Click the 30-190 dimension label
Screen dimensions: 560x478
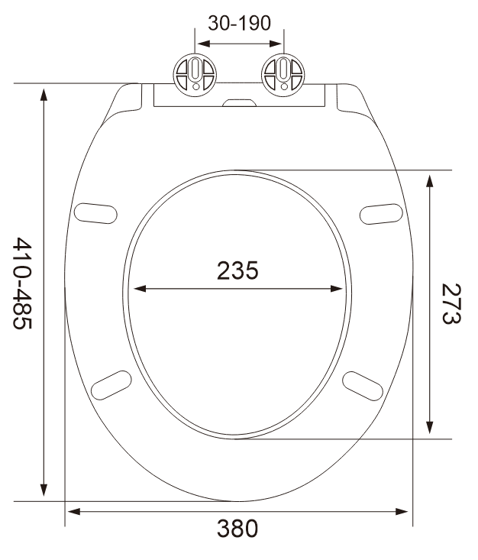(240, 23)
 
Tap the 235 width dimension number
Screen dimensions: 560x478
(237, 270)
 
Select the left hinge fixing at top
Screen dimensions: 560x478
(197, 75)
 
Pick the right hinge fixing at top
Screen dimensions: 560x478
(283, 75)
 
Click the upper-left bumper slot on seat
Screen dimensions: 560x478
(98, 212)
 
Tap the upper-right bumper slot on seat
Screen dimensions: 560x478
(381, 212)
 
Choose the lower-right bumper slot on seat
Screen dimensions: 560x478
(363, 384)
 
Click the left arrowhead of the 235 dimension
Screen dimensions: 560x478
(140, 289)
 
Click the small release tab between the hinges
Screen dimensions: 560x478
(240, 101)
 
